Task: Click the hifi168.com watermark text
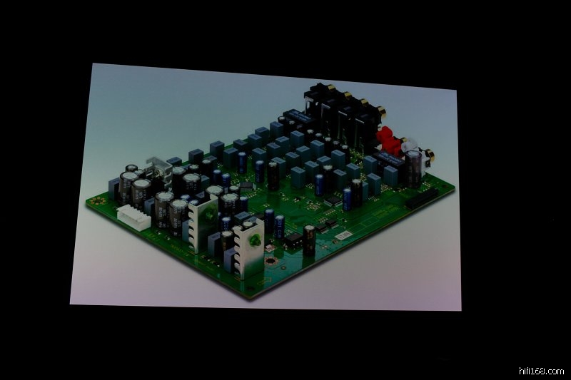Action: click(x=541, y=371)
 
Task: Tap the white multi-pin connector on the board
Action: click(x=133, y=217)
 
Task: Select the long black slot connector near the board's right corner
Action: click(x=422, y=197)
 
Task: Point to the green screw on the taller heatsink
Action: click(x=209, y=215)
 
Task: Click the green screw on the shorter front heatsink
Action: click(x=253, y=241)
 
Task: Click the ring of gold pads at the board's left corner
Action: click(x=98, y=201)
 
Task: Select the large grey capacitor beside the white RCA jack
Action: click(x=413, y=168)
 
